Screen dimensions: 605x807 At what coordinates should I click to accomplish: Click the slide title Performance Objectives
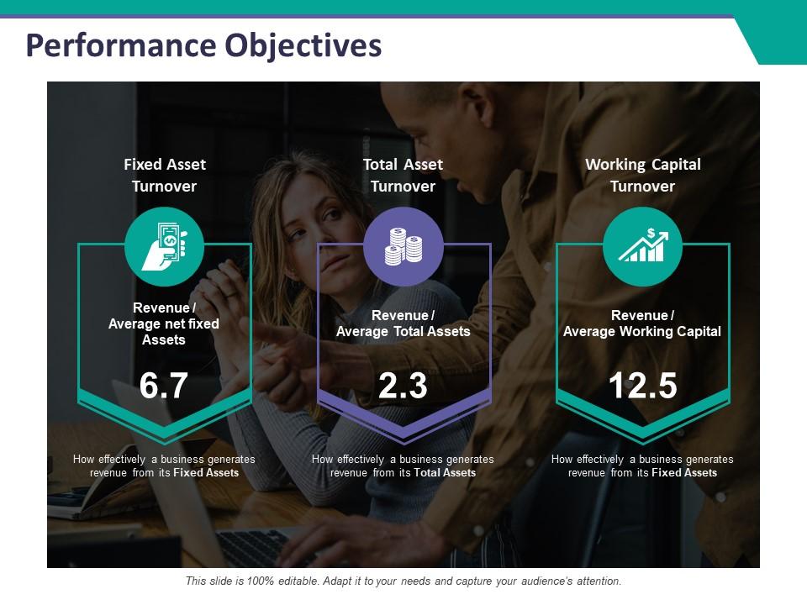[203, 45]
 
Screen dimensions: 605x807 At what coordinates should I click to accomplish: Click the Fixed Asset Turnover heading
[165, 175]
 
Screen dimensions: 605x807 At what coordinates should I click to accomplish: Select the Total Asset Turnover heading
[403, 175]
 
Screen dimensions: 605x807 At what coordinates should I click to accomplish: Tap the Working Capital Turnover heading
[642, 175]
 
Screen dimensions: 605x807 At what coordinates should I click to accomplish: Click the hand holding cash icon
[165, 246]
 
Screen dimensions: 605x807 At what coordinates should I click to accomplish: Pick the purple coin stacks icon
[403, 246]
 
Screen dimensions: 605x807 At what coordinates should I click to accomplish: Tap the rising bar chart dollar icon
[642, 246]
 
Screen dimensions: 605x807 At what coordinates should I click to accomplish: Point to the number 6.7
[164, 386]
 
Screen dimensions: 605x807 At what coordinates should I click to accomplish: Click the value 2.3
[403, 386]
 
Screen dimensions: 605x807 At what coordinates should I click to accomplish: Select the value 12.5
[642, 386]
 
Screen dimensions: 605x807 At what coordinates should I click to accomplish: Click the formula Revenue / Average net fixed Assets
[164, 324]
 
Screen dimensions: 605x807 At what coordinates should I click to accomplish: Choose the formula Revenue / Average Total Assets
[403, 324]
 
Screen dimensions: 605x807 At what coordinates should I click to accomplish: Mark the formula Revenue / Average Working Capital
[642, 324]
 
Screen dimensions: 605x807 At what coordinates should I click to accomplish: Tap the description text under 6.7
[164, 466]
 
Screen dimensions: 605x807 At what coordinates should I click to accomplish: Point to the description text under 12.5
[642, 466]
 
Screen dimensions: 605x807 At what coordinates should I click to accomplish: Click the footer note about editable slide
[403, 581]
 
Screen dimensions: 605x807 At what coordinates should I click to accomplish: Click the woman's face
[315, 223]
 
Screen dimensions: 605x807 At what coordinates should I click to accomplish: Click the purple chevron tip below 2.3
[403, 437]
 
